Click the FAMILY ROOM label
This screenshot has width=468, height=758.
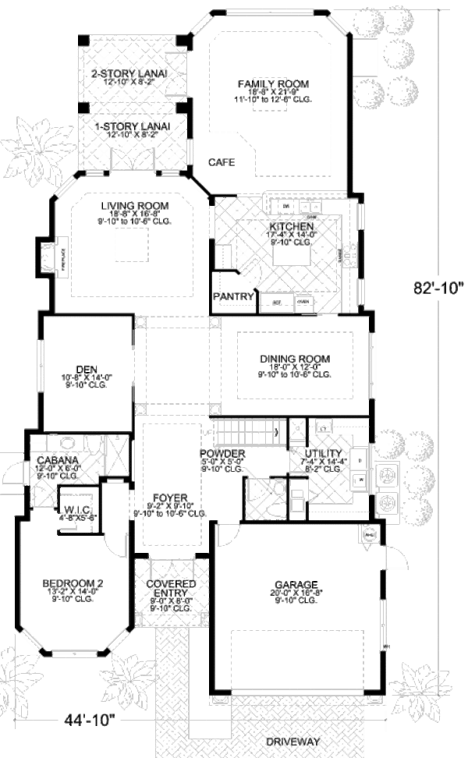coord(273,83)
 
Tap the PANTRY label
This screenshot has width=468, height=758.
coord(233,296)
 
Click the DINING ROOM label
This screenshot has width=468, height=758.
coord(295,359)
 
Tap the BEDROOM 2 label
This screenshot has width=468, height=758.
coord(73,583)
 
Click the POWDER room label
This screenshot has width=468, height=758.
coord(222,454)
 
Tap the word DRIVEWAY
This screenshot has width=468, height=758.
coord(293,742)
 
